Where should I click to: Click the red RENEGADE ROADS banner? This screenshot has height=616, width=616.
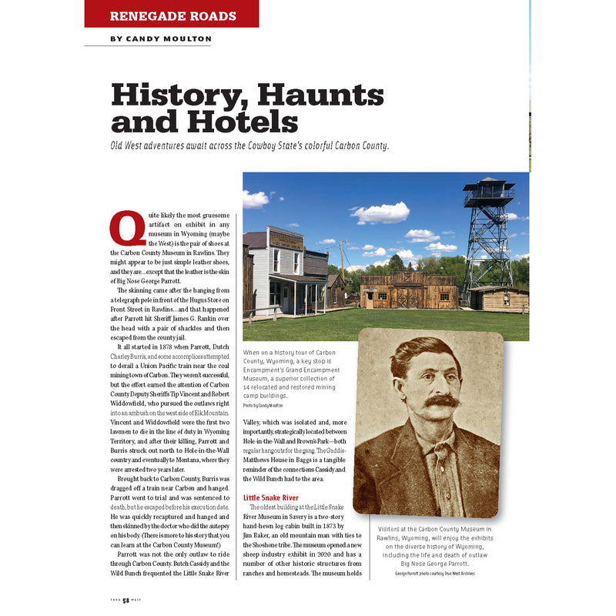172,15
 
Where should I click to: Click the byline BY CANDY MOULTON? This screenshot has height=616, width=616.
161,38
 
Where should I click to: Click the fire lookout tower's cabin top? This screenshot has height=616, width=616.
487,190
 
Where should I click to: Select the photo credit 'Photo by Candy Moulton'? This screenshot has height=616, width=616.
263,405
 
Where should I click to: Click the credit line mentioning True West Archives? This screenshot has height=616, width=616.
434,574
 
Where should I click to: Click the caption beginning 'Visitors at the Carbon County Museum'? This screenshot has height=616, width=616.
434,547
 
